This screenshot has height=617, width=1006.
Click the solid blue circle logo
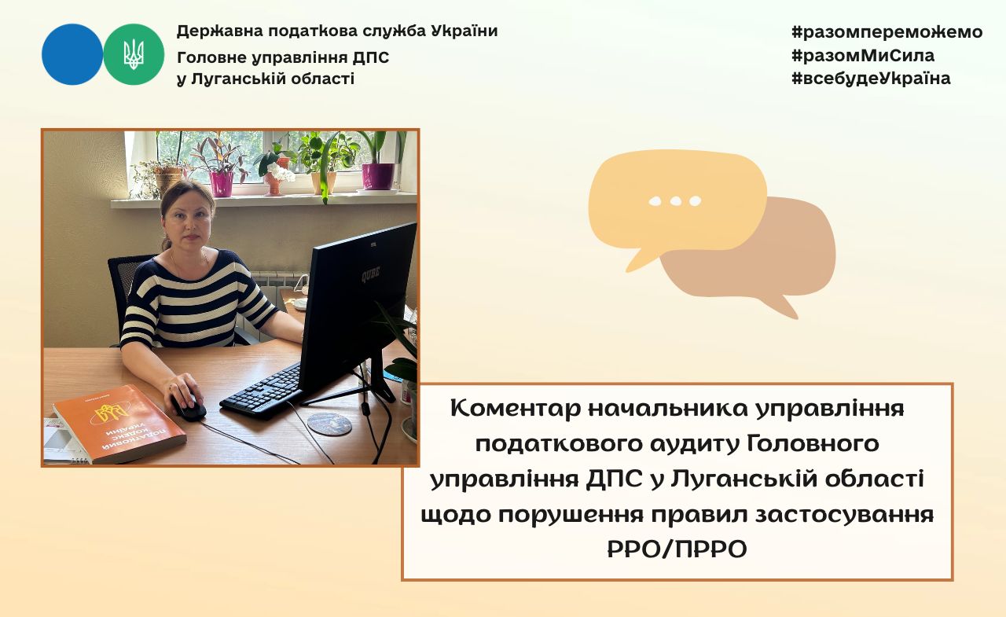tap(72, 54)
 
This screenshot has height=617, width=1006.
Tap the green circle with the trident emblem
tap(134, 54)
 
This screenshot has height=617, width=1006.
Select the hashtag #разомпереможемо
tap(887, 32)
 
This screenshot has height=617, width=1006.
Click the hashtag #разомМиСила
tap(863, 56)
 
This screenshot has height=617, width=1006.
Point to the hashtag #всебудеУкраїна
tap(871, 79)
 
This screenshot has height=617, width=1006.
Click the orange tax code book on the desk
tap(119, 424)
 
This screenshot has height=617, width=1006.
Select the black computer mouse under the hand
tap(188, 407)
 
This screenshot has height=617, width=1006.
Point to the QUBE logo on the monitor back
tap(371, 274)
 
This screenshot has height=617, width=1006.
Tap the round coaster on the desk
tap(329, 424)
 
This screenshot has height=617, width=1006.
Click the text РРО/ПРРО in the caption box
tap(677, 549)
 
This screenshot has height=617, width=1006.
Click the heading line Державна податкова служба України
tap(337, 31)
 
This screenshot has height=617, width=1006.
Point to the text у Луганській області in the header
tap(266, 79)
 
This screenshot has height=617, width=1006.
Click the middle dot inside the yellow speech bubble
tap(675, 201)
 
